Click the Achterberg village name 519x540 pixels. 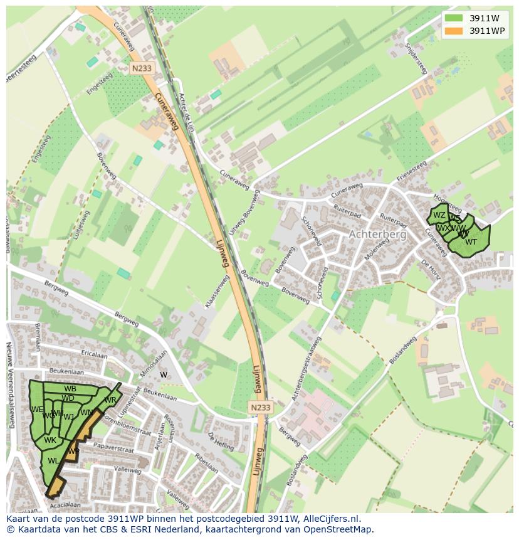(x=377, y=234)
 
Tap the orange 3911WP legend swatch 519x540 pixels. (x=454, y=31)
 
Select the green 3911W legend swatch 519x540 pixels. (x=454, y=18)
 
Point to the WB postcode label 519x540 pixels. (x=70, y=389)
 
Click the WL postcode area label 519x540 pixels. (x=53, y=461)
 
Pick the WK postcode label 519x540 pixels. (x=50, y=440)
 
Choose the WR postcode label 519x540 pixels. (x=110, y=400)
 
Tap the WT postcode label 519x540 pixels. (x=471, y=242)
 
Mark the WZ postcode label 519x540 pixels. (x=439, y=215)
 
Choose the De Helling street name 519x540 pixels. (x=221, y=441)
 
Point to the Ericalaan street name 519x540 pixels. (x=95, y=355)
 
